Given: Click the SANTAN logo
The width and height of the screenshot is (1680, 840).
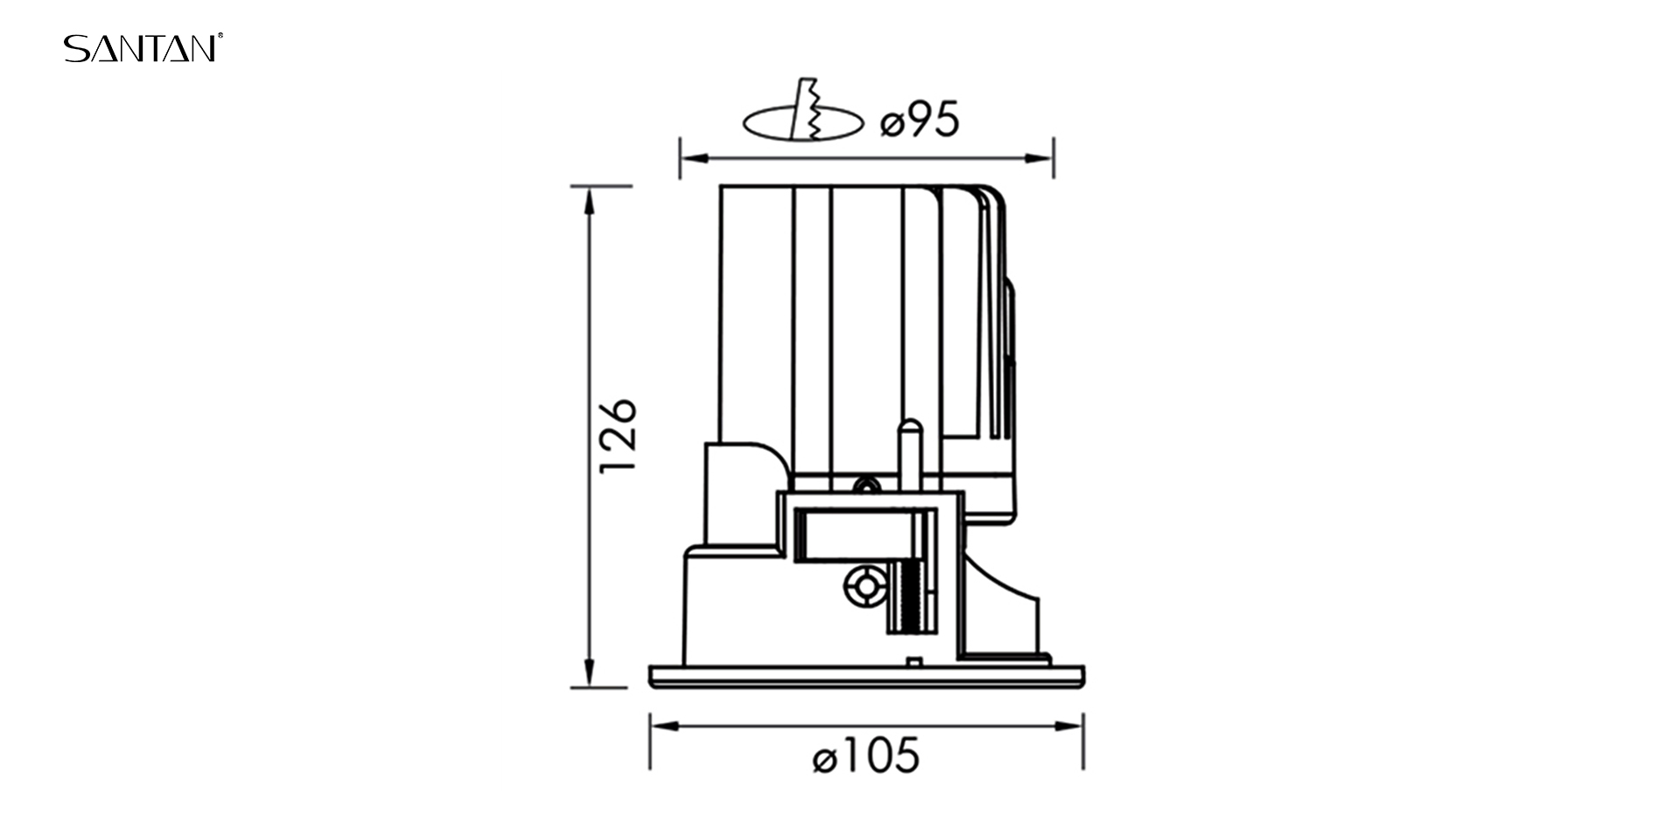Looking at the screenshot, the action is click(143, 48).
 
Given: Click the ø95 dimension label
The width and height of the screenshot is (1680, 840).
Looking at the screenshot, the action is click(920, 120).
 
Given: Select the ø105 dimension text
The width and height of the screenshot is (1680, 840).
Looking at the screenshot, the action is click(866, 756).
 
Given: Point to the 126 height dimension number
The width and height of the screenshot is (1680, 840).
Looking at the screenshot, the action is click(618, 436).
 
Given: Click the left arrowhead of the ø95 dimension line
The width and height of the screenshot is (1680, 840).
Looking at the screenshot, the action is click(693, 158).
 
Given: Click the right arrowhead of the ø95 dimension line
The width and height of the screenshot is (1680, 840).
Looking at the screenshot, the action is click(1039, 158).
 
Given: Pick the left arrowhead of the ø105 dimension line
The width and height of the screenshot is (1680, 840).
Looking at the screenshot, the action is click(663, 726).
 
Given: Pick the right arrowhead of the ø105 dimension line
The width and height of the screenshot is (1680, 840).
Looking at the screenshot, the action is click(1070, 726).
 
